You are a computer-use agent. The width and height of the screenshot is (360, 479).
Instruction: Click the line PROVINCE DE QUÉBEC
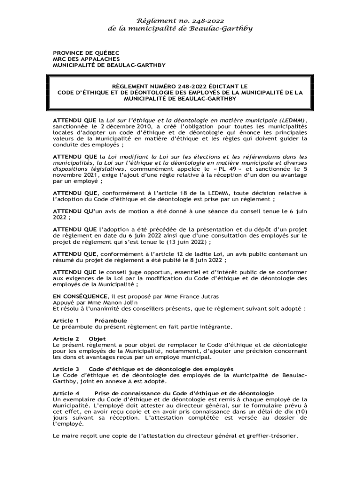79,53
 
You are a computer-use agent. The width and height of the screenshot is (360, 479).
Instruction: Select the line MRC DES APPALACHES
80,59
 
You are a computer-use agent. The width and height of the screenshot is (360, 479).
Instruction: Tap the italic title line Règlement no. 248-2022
180,20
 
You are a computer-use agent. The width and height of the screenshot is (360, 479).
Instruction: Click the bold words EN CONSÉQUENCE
79,297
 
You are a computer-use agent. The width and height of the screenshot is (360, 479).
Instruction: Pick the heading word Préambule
111,320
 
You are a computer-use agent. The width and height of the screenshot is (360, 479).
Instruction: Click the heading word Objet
97,339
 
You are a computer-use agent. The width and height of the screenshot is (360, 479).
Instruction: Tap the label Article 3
66,369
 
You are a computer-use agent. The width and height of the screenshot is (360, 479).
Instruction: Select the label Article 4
66,393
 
